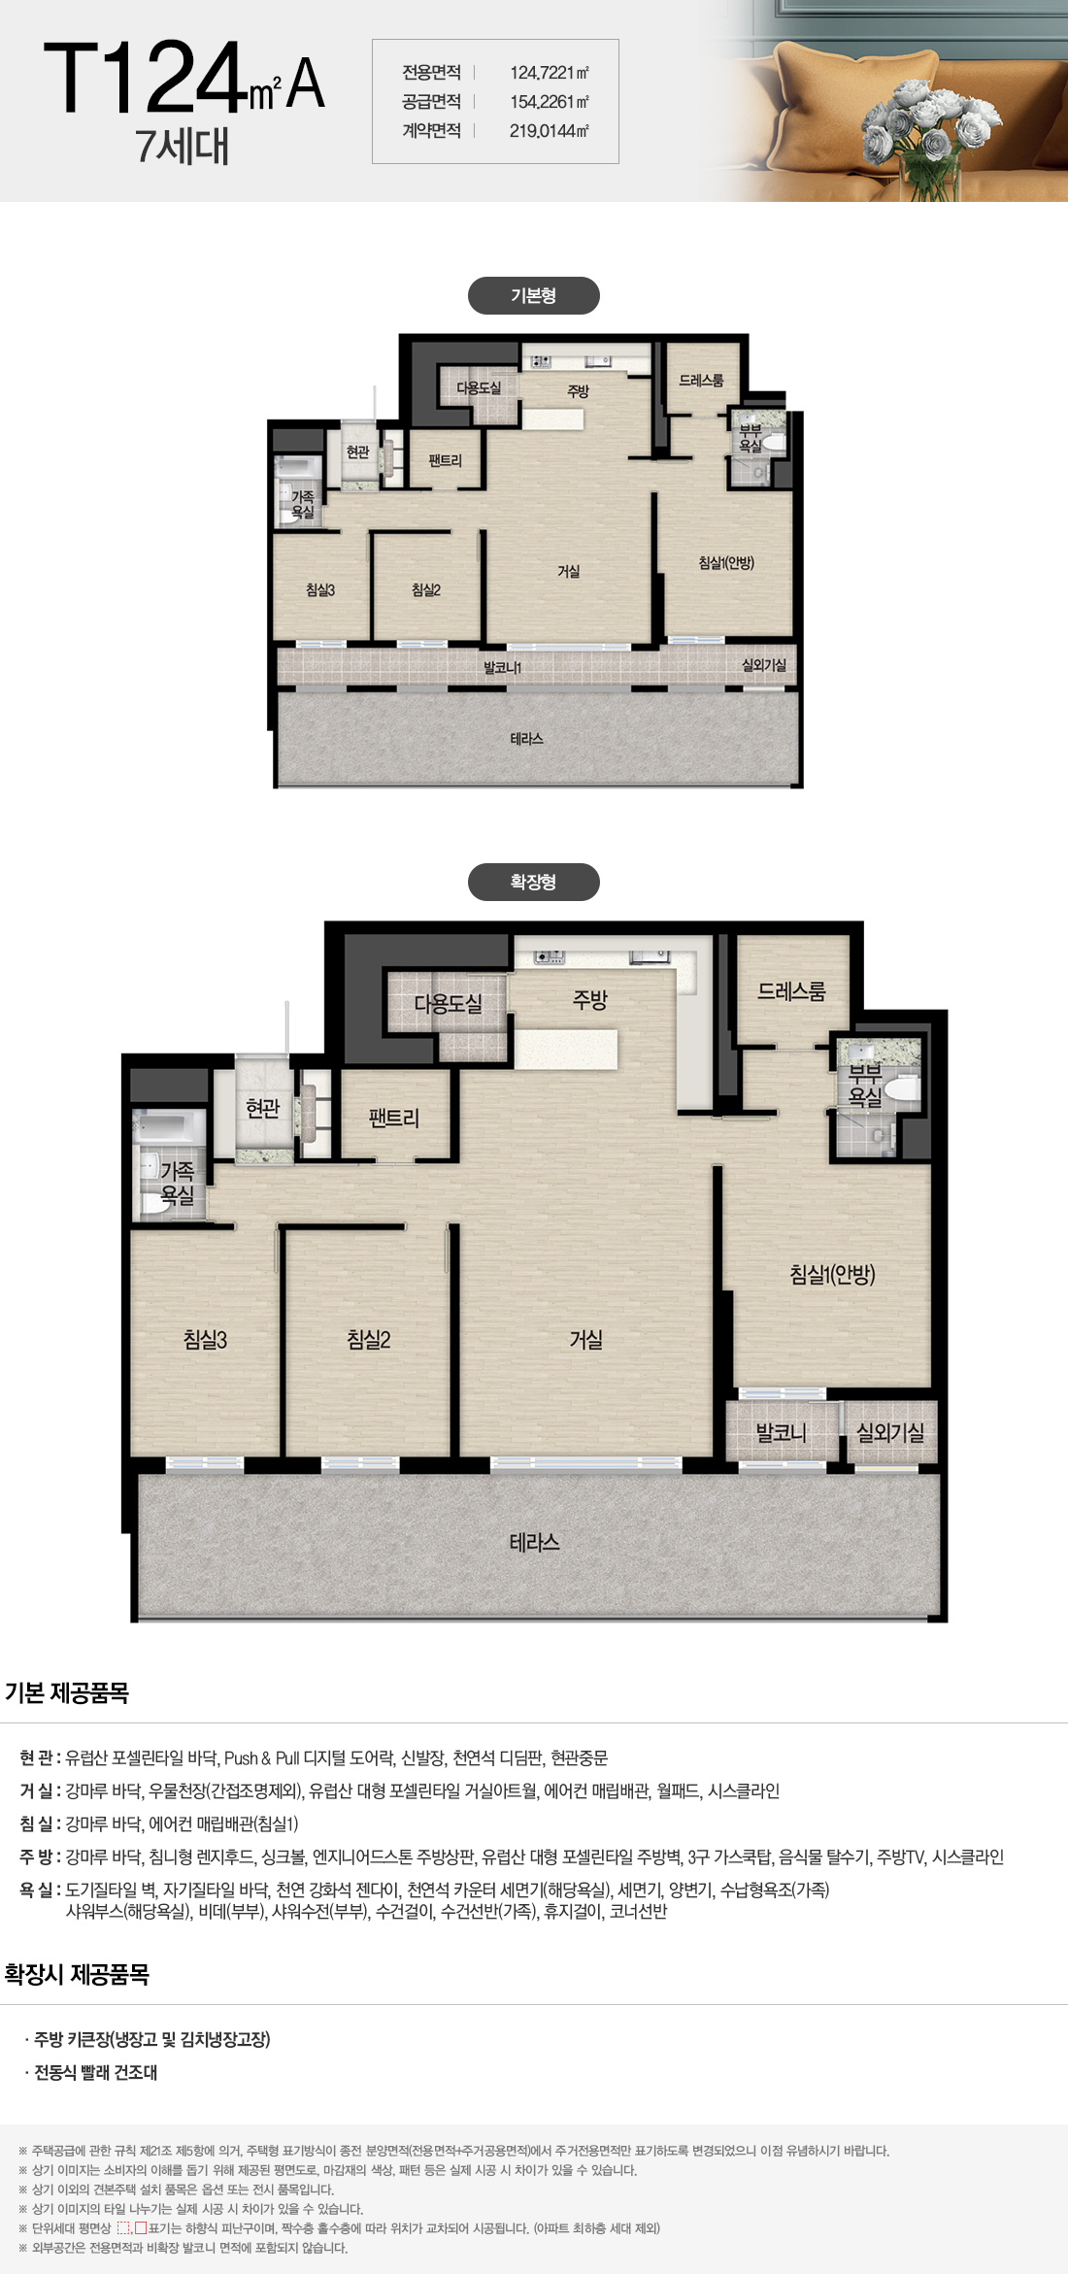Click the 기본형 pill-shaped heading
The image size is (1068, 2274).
pos(533,295)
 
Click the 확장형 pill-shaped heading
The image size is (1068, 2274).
pos(533,882)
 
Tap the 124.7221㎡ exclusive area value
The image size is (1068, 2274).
pos(550,72)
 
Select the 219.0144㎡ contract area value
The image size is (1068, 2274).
pos(550,130)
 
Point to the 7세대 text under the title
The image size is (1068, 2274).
pos(184,146)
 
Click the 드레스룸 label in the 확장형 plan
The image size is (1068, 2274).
pos(791,991)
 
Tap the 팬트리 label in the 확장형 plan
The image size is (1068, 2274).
pos(394,1118)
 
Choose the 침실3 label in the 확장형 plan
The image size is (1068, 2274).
pos(205,1340)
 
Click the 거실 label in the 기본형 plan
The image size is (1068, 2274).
pos(568,571)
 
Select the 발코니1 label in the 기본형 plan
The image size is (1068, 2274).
pos(503,667)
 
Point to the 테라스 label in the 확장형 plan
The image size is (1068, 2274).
pos(534,1542)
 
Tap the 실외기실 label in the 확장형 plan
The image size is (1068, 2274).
pos(890,1432)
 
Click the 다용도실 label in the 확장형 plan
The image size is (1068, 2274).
pos(448,1003)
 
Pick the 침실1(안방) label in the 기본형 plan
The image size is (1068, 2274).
pos(726,562)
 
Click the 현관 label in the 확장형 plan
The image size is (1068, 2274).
pos(262,1108)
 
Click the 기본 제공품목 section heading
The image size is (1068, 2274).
pos(67,1692)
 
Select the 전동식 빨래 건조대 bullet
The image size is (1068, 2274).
pos(91,2072)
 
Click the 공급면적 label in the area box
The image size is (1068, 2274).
pos(431,101)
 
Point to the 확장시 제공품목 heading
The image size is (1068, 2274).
pos(77,1974)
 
